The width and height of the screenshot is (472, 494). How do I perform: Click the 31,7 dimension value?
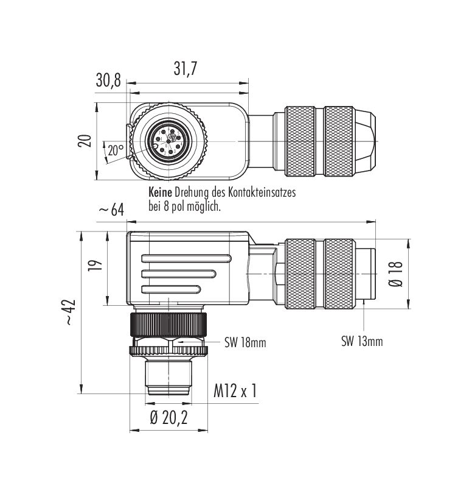click(186, 68)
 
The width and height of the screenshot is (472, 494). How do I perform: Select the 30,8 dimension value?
click(108, 80)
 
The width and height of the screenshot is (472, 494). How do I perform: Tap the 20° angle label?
click(116, 150)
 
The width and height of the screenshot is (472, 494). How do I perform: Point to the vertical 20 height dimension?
click(85, 141)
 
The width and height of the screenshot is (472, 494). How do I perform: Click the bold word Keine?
click(160, 192)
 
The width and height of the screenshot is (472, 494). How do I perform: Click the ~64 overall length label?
click(111, 210)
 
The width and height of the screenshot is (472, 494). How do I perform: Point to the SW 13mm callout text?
click(362, 341)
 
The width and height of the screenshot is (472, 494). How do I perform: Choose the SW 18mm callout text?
click(245, 342)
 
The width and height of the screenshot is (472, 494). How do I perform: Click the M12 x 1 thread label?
click(235, 390)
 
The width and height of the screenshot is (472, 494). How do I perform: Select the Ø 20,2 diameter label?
click(168, 418)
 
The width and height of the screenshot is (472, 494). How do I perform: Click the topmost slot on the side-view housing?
click(187, 258)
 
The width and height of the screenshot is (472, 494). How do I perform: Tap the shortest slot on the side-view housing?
click(171, 289)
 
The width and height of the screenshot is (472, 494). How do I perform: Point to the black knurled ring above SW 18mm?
click(168, 325)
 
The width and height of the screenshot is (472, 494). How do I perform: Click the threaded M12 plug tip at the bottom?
click(168, 378)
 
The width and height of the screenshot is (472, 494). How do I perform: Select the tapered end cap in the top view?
click(365, 141)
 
